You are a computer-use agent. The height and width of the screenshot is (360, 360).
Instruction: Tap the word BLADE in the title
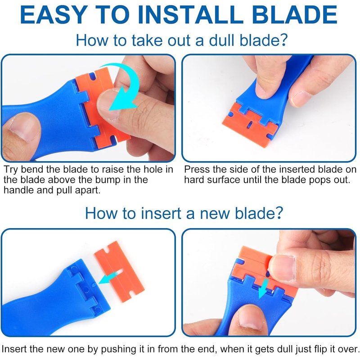[295, 14]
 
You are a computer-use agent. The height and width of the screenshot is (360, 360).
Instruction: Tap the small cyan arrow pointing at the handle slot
[108, 278]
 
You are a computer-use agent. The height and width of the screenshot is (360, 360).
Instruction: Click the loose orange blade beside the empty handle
[119, 271]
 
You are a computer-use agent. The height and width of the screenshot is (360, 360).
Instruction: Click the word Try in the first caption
[11, 170]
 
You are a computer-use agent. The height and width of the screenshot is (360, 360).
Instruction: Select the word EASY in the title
[54, 14]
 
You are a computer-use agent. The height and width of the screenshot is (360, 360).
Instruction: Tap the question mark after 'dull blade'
[283, 40]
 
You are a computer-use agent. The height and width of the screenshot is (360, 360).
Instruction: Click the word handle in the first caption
[18, 190]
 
